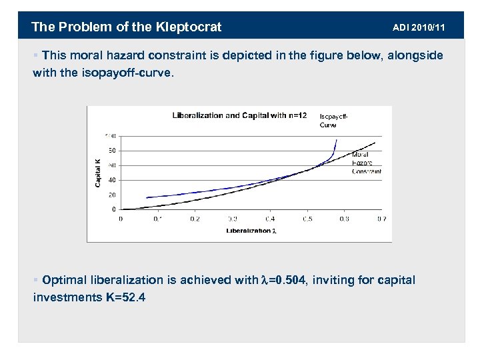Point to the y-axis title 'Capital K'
point(97,171)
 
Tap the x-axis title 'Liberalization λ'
point(251,231)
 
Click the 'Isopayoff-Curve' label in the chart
point(333,120)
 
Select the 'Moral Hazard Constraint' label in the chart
point(366,163)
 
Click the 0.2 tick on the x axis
point(195,218)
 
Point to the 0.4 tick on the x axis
point(269,218)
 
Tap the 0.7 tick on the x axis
point(381,218)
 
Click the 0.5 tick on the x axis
point(307,218)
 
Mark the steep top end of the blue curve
point(337,140)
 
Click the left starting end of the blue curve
point(147,197)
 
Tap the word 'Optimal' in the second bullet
point(68,280)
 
